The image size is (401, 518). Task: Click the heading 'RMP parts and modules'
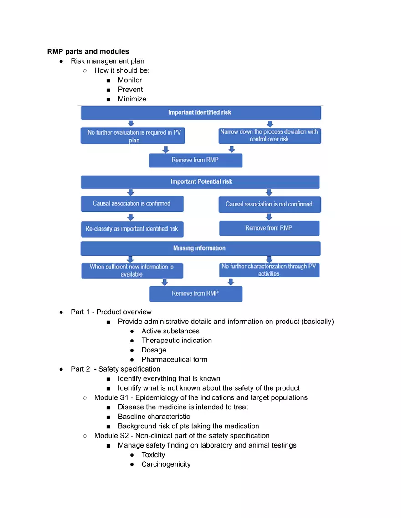[88, 51]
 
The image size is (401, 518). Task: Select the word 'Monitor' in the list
[130, 80]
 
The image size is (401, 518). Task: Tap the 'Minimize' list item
[132, 99]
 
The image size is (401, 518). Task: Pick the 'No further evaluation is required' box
[133, 136]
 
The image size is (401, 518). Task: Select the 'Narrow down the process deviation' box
[269, 136]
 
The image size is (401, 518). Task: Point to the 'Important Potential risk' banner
[201, 181]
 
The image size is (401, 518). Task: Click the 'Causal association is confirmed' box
[132, 204]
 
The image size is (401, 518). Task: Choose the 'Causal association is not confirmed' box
[269, 204]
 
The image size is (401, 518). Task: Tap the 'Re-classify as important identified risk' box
[132, 229]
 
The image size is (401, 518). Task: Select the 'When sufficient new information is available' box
[132, 271]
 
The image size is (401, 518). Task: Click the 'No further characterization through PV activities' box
[269, 270]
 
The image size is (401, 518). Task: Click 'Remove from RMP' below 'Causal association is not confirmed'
[269, 228]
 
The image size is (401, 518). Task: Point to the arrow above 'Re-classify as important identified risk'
[131, 217]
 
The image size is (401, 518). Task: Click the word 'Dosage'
[154, 350]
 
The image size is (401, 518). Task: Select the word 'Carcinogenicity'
[166, 464]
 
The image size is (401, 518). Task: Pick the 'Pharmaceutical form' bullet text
[174, 359]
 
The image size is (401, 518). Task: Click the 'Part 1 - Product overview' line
[111, 312]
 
